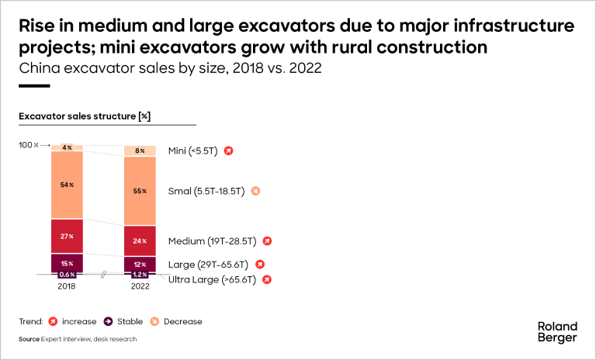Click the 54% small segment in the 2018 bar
pyautogui.click(x=67, y=185)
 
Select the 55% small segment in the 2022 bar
pyautogui.click(x=140, y=191)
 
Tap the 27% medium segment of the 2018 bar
pyautogui.click(x=67, y=236)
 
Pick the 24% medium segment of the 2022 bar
pyautogui.click(x=140, y=241)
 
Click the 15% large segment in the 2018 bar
pyautogui.click(x=67, y=262)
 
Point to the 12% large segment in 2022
pyautogui.click(x=140, y=264)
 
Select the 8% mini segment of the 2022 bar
pyautogui.click(x=140, y=151)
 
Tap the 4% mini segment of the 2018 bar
pyautogui.click(x=67, y=147)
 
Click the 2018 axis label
pyautogui.click(x=67, y=286)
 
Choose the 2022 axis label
pyautogui.click(x=140, y=286)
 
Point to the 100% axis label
pyautogui.click(x=28, y=145)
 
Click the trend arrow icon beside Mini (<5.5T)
pyautogui.click(x=228, y=151)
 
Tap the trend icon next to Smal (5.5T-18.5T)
pyautogui.click(x=255, y=191)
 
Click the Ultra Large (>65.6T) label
pyautogui.click(x=212, y=279)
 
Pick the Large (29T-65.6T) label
pyautogui.click(x=206, y=265)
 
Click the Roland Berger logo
pyautogui.click(x=557, y=331)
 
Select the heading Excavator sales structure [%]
pyautogui.click(x=85, y=116)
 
